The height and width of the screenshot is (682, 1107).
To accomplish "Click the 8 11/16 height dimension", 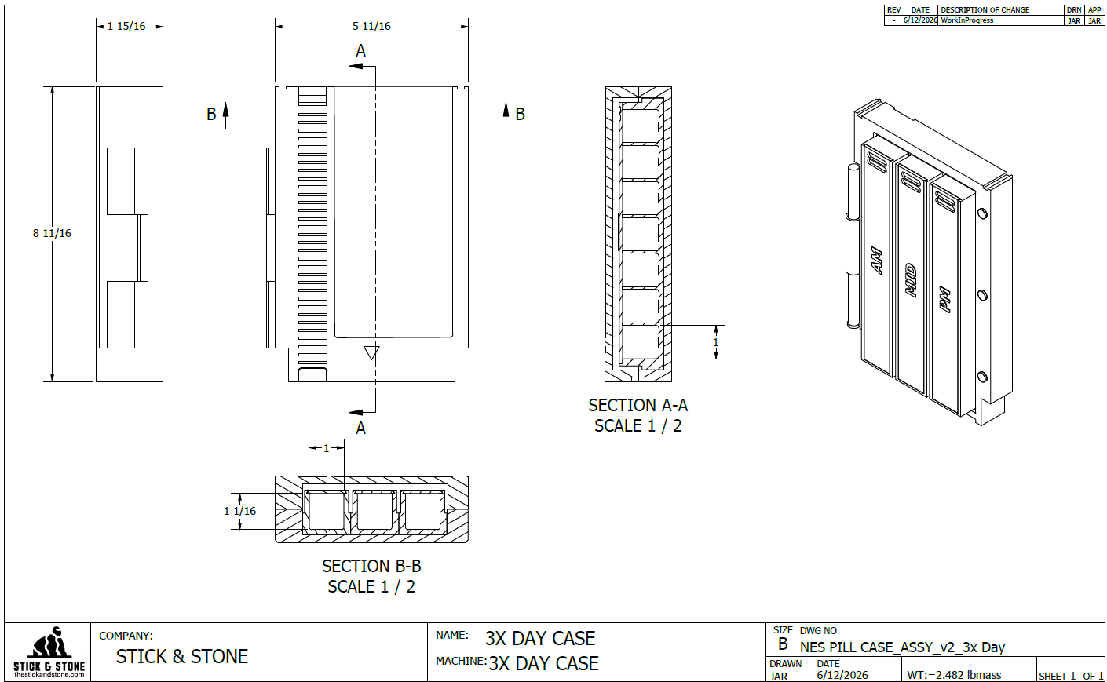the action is tap(52, 233).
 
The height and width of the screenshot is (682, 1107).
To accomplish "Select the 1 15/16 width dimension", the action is tap(126, 26).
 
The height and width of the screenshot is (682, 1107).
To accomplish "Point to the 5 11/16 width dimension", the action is tap(371, 26).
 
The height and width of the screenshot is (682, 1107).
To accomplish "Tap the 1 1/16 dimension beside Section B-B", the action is tap(240, 511).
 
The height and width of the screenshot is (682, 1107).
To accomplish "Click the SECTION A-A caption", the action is tap(638, 406).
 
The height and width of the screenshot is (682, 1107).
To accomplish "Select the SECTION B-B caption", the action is tap(371, 566).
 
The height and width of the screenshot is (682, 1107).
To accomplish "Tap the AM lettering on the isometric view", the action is tap(877, 261).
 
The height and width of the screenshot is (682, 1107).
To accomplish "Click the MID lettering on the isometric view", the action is tap(912, 280).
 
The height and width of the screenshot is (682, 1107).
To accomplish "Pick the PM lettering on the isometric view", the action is tap(945, 299).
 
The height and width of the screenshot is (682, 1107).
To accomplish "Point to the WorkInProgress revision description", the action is tap(966, 20).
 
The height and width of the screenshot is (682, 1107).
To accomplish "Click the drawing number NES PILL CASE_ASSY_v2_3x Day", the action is tap(902, 647).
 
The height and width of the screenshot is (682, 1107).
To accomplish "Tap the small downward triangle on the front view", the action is tap(371, 352).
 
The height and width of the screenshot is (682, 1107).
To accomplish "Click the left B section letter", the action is tap(211, 114).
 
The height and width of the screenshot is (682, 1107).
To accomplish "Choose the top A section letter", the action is tap(361, 50).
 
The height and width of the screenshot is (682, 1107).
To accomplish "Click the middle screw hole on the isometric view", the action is tap(982, 296).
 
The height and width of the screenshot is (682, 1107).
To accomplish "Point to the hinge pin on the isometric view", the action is tap(853, 246).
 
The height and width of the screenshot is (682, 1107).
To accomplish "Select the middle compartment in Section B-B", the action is tap(374, 511).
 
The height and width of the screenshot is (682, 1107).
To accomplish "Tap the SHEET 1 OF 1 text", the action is tap(1071, 676).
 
